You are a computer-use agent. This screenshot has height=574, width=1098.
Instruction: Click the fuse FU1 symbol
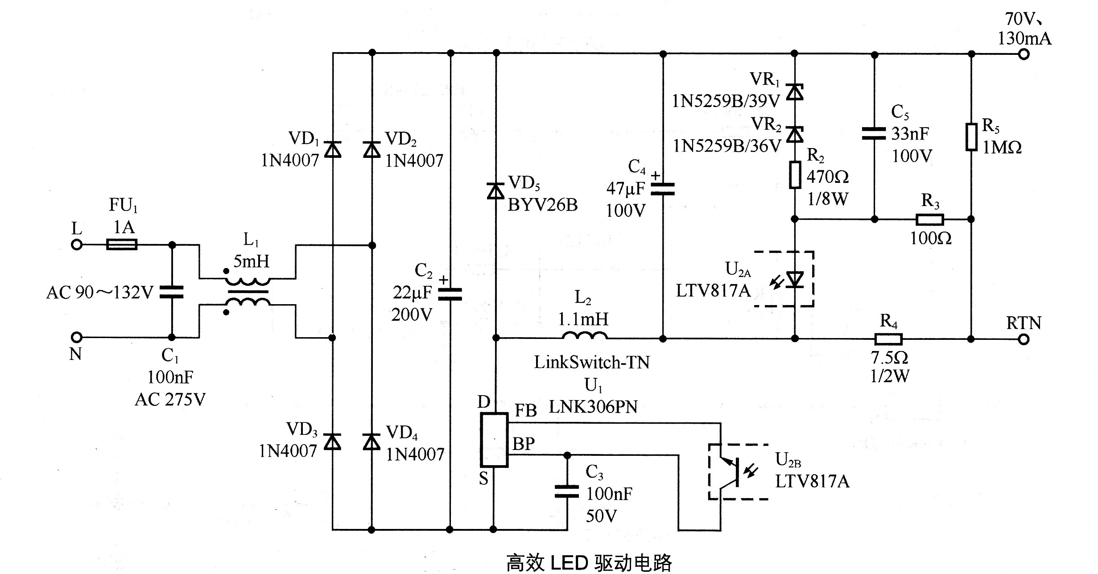[x=122, y=244]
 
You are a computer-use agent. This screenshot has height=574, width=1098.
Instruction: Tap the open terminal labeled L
[x=77, y=244]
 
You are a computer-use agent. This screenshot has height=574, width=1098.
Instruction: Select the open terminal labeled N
[x=77, y=337]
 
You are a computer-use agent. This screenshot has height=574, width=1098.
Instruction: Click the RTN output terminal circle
[x=1024, y=339]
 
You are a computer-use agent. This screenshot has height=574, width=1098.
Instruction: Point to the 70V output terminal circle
[x=1024, y=54]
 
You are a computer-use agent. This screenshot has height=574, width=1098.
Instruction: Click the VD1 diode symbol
[x=332, y=149]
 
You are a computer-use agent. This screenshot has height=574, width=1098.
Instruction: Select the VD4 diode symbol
[x=372, y=442]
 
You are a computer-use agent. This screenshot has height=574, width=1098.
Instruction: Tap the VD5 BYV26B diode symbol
[x=495, y=191]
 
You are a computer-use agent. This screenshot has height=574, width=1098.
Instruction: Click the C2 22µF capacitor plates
[x=450, y=293]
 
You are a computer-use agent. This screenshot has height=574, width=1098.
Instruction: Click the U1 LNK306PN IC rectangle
[x=494, y=440]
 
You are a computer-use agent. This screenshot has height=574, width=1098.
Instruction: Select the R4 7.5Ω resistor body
[x=888, y=339]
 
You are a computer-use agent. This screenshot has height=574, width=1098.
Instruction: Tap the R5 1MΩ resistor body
[x=971, y=137]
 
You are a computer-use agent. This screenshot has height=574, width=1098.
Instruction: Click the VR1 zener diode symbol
[x=794, y=92]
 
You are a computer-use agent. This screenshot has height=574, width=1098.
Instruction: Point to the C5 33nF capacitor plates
[x=874, y=133]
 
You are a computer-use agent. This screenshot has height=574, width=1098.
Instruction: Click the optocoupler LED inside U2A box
[x=794, y=280]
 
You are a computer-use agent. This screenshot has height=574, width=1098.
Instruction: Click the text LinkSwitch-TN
[x=592, y=362]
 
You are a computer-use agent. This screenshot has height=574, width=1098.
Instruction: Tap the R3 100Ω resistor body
[x=930, y=219]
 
